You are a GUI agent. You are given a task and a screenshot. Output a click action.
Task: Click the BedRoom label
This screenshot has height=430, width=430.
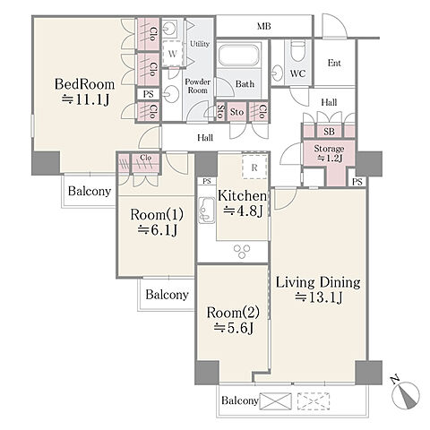point(85,84)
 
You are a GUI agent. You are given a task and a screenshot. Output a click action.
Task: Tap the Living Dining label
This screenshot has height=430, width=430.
point(318,282)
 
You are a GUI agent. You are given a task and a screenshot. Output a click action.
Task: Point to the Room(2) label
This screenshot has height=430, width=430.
point(233,313)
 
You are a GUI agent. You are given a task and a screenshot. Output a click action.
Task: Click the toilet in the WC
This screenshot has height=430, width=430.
point(297,49)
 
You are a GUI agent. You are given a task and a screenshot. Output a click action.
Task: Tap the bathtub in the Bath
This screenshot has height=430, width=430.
point(238,55)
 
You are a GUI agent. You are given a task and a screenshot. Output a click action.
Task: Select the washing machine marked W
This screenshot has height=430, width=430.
point(173,54)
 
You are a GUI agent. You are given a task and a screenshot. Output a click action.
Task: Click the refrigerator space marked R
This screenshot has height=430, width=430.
point(254,167)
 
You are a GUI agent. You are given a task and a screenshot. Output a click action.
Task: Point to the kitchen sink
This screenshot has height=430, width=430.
point(207,211)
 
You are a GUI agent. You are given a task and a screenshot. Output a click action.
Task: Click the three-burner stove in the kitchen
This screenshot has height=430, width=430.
point(242,251)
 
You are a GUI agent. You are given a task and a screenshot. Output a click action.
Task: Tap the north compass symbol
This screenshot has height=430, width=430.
point(406,393)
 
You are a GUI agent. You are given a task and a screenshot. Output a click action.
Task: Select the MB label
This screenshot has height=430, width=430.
point(264,26)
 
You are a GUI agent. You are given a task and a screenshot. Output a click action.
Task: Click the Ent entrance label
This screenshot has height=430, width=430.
point(334,63)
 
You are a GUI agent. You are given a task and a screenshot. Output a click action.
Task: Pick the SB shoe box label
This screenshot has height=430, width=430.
point(329,132)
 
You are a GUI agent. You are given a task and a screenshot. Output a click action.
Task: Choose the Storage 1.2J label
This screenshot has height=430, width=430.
point(329,153)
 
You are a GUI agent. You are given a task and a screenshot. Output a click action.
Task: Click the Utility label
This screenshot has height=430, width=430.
point(200,44)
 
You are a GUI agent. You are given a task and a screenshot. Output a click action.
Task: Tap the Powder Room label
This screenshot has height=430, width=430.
point(197,86)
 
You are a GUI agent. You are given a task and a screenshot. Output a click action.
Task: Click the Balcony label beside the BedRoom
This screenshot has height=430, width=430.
point(90,191)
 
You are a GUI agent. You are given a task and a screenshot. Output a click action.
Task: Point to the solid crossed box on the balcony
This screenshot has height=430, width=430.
point(276,400)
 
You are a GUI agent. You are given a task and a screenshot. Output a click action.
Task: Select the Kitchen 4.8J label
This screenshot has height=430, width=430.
point(242,203)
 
